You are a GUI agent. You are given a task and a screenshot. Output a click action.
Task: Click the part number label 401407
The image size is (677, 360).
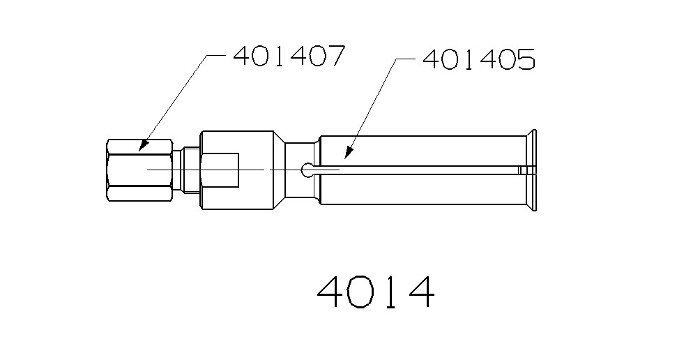coord(289,56)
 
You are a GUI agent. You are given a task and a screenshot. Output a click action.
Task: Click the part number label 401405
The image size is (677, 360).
coord(478,61)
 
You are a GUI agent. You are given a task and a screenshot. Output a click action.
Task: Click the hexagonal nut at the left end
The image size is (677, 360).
coord(140,170)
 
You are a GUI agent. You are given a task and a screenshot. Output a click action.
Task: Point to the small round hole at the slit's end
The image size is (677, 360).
coord(307,170)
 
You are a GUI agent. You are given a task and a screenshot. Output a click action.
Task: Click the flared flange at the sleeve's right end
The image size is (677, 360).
coord(531,170)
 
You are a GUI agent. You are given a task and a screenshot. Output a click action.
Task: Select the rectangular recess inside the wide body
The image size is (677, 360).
coord(221,170)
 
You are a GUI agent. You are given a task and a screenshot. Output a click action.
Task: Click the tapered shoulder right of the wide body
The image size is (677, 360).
coord(280,170)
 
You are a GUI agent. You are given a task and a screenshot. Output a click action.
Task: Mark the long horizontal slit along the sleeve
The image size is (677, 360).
coord(418,170)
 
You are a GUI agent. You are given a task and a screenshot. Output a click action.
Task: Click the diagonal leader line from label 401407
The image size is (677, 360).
coord(174,102)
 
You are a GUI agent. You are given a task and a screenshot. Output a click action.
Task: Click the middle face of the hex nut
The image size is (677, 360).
coord(140,170)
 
